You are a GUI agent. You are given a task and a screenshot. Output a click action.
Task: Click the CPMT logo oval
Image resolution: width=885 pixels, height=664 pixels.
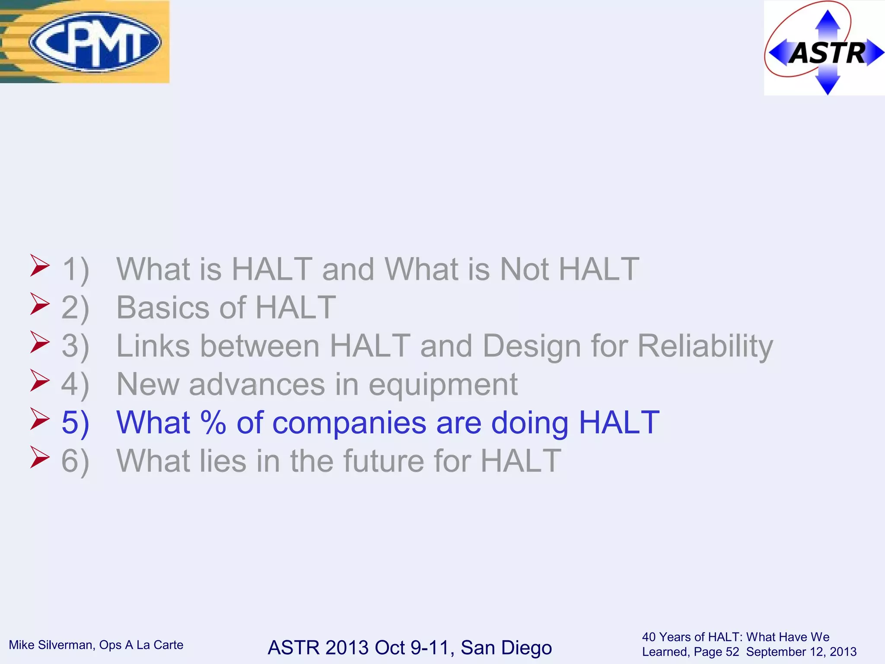pyautogui.click(x=95, y=42)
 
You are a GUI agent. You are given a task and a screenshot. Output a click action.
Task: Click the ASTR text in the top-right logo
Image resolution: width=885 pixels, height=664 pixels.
pyautogui.click(x=827, y=53)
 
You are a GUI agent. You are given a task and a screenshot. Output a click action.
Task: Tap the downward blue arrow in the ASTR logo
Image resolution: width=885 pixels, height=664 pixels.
pyautogui.click(x=827, y=84)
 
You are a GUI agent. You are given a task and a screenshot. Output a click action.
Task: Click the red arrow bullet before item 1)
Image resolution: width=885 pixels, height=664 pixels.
pyautogui.click(x=40, y=265)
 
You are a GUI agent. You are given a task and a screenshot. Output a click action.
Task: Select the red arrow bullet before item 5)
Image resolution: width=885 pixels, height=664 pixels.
pyautogui.click(x=40, y=419)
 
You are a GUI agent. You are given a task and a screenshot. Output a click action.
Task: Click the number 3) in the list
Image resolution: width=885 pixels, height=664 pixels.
pyautogui.click(x=75, y=346)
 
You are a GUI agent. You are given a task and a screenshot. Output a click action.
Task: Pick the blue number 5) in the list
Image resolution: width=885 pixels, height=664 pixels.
pyautogui.click(x=75, y=423)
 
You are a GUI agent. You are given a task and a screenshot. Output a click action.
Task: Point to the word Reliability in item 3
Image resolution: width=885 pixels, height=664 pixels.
pyautogui.click(x=705, y=346)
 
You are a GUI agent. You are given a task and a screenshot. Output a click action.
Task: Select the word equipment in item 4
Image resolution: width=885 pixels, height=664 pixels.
pyautogui.click(x=443, y=384)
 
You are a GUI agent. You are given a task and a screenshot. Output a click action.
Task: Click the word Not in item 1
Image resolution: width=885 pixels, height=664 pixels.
pyautogui.click(x=524, y=269)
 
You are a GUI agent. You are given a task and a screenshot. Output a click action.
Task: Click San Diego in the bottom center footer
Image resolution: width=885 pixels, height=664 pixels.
pyautogui.click(x=506, y=648)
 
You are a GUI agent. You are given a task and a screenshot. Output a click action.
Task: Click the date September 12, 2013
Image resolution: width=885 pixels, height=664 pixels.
pyautogui.click(x=801, y=652)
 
